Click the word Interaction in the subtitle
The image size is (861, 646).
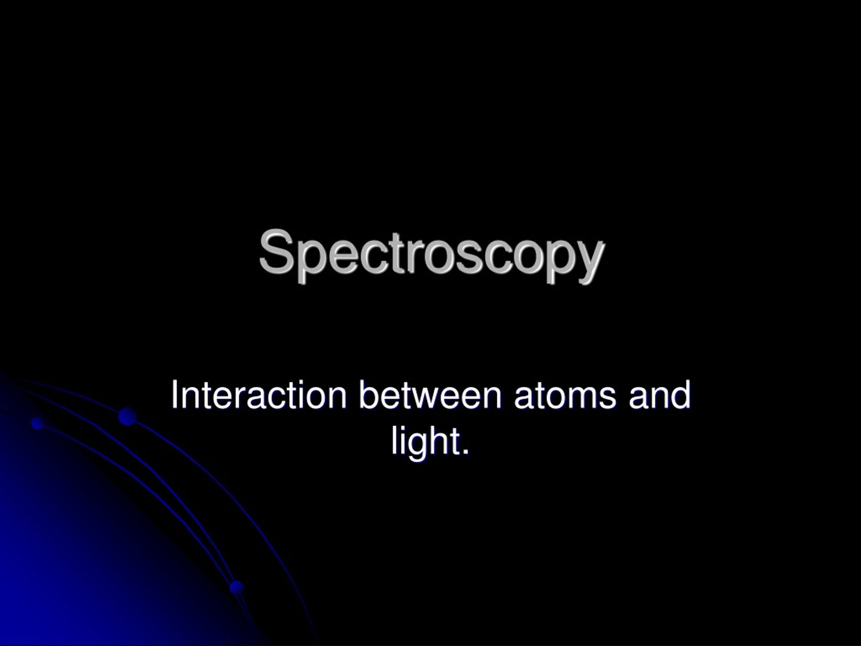click(x=258, y=395)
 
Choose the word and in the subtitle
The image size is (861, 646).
click(x=660, y=395)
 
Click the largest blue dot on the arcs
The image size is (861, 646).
click(x=127, y=417)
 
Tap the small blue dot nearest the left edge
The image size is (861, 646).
click(x=37, y=423)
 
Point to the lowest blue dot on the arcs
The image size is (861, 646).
click(x=236, y=587)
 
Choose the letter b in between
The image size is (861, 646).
click(x=368, y=395)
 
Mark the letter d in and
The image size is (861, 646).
click(x=681, y=395)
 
